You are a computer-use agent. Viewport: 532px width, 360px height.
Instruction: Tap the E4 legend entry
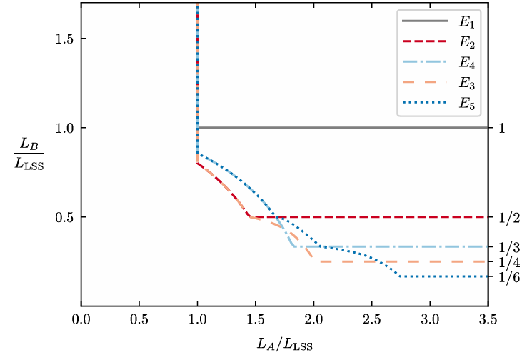pyautogui.click(x=464, y=64)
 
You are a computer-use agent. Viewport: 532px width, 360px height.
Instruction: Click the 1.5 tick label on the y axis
pyautogui.click(x=64, y=39)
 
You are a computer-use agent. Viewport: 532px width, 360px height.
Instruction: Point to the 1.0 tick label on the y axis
pyautogui.click(x=64, y=128)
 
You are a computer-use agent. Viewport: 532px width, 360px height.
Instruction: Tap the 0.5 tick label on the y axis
pyautogui.click(x=64, y=217)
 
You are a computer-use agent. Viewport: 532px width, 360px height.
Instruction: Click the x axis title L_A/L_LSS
pyautogui.click(x=283, y=344)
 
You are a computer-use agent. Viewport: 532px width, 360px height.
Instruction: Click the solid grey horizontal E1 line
pyautogui.click(x=343, y=128)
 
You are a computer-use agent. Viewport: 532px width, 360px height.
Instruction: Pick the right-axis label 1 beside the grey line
pyautogui.click(x=502, y=129)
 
